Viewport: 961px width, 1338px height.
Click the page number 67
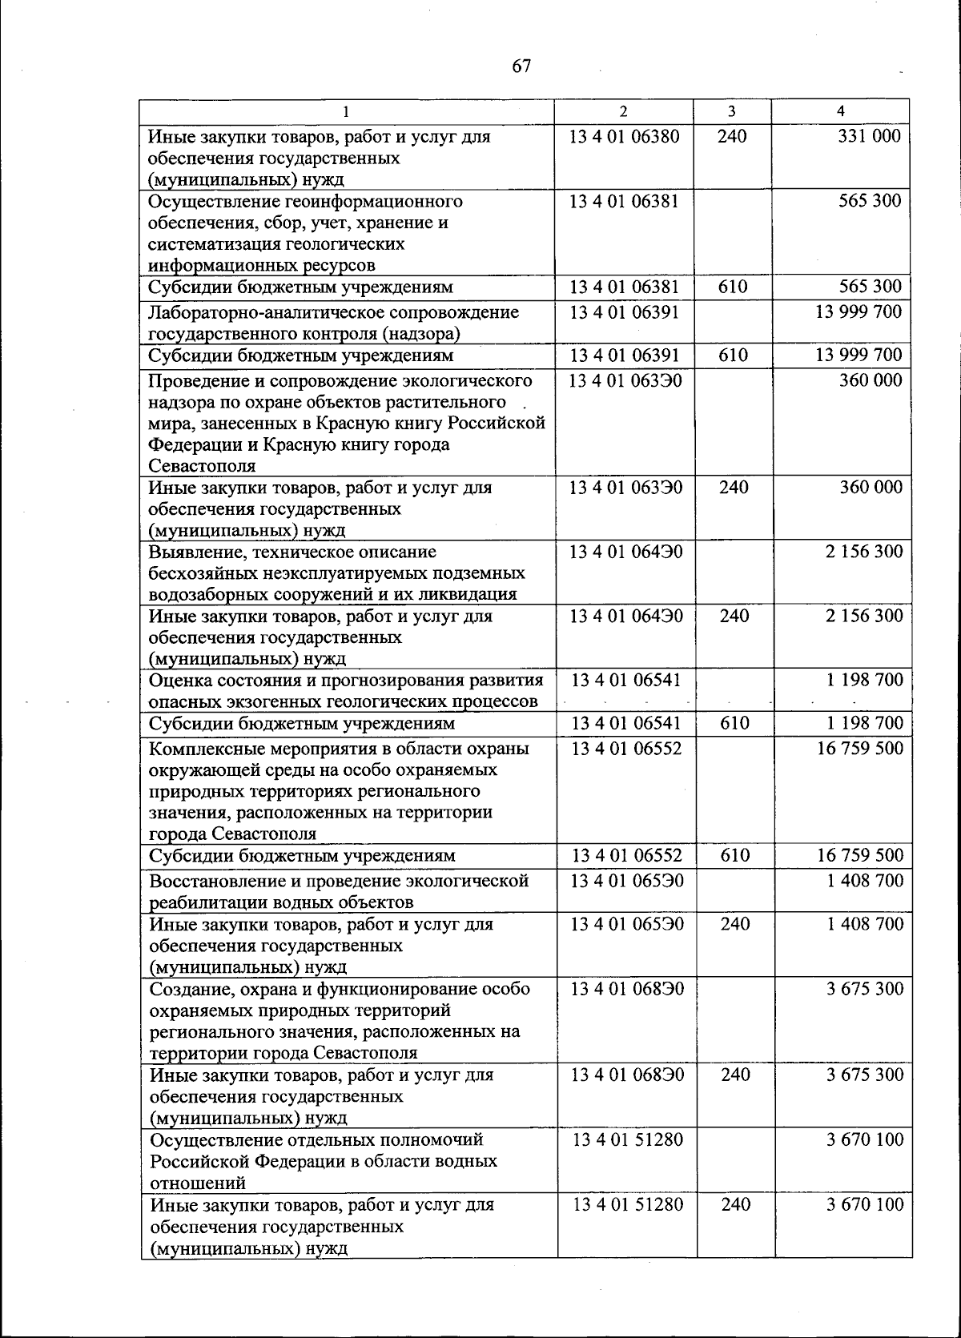point(521,66)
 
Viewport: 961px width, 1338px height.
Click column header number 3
point(732,111)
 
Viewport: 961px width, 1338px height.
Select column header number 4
point(840,111)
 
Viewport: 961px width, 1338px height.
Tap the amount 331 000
point(869,136)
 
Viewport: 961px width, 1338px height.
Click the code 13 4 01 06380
point(624,136)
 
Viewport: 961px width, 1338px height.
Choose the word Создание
point(187,989)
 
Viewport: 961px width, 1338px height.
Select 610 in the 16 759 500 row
point(734,855)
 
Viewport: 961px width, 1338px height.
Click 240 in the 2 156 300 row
point(734,616)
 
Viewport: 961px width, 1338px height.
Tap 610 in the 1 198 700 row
point(734,723)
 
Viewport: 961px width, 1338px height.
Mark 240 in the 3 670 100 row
point(735,1204)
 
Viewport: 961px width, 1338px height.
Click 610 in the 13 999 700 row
point(733,355)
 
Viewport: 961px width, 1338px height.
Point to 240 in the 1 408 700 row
point(734,924)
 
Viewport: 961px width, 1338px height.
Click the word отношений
point(198,1183)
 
